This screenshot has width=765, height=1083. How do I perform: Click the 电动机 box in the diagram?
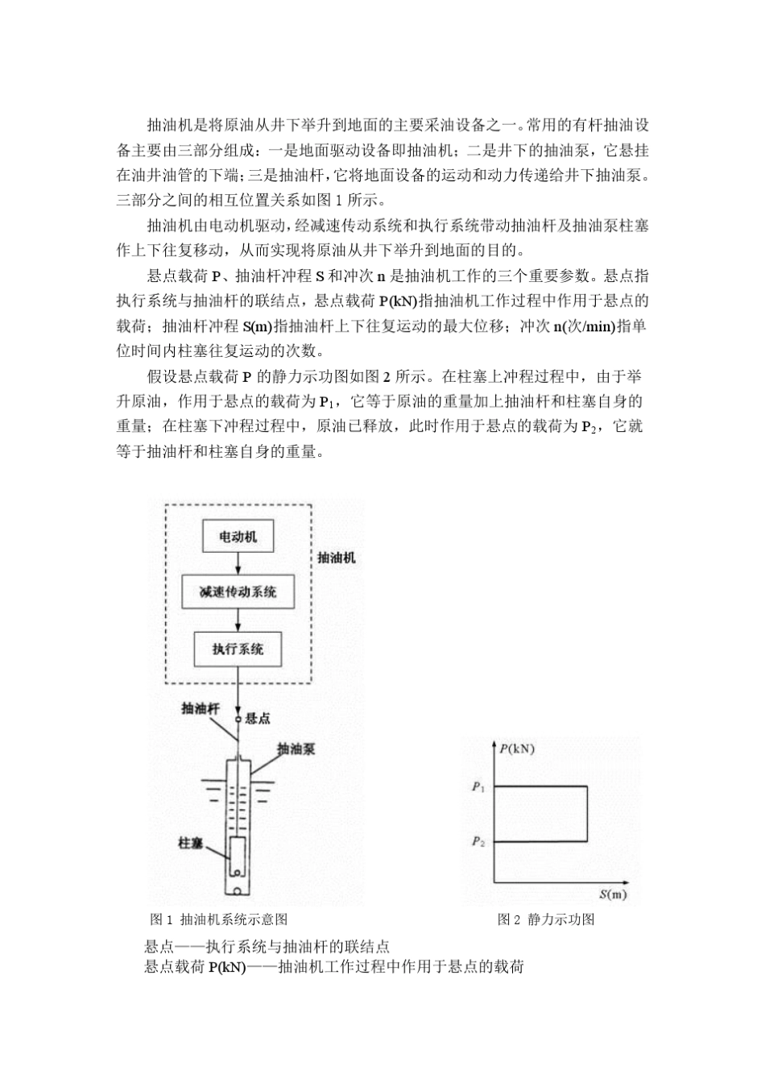click(x=238, y=537)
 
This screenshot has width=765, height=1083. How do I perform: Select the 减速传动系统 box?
click(x=238, y=592)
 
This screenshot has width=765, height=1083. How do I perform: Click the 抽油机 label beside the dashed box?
click(x=336, y=557)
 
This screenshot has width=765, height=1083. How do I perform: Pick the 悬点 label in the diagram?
click(x=257, y=718)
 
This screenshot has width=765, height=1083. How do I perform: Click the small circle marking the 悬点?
click(x=238, y=718)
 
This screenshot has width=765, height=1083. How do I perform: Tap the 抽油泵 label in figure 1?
click(x=296, y=749)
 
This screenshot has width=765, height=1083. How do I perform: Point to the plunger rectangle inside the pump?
click(x=238, y=857)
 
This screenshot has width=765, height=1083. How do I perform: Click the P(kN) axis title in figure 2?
click(x=516, y=749)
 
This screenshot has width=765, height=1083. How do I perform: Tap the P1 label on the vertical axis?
click(x=478, y=786)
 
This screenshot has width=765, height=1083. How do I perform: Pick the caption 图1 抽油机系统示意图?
click(x=219, y=919)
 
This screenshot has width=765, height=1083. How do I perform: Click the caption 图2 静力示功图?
click(x=546, y=919)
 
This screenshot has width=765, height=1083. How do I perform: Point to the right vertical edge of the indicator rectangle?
click(x=586, y=814)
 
